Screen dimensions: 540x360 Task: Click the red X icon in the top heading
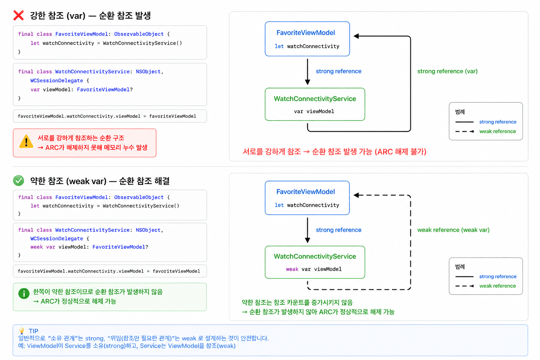tap(19, 15)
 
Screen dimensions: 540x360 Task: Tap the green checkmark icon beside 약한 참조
tap(19, 181)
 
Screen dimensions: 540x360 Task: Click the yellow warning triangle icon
tap(26, 142)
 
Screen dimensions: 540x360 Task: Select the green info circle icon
tap(24, 294)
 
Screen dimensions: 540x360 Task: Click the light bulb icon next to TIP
tap(22, 330)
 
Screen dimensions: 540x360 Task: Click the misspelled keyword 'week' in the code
tap(37, 247)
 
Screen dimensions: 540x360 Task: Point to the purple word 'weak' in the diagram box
tap(292, 269)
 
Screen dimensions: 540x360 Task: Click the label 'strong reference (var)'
tap(448, 71)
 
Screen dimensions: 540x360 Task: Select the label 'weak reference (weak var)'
tap(454, 230)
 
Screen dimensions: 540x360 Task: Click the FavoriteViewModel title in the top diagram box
tap(306, 33)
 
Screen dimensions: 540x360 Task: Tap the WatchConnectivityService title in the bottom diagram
tap(315, 256)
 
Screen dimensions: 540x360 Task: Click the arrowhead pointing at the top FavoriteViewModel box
tap(356, 36)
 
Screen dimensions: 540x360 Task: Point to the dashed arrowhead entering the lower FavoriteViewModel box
tap(356, 195)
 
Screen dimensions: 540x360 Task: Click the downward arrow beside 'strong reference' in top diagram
tap(307, 72)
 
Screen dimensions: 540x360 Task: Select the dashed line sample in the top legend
tap(465, 131)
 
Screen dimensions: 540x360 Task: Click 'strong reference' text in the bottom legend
tap(498, 276)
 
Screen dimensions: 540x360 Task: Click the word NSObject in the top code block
tap(148, 72)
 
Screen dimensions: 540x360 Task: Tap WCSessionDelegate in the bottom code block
tap(57, 238)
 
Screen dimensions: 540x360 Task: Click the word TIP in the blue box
tap(33, 331)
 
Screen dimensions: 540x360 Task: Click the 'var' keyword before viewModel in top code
tap(35, 90)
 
